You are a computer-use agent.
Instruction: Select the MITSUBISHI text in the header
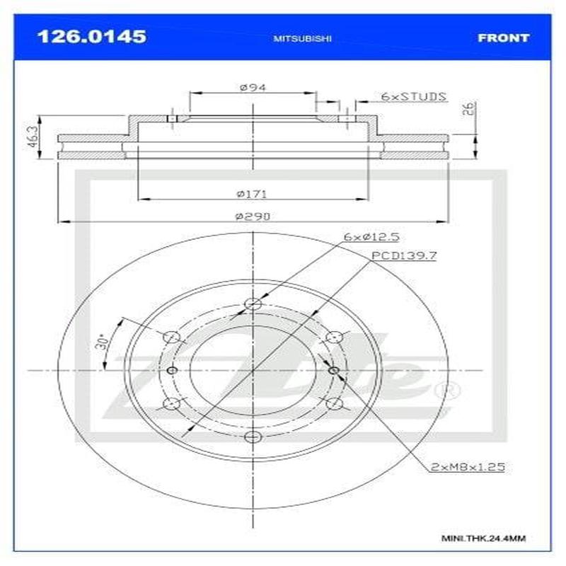click(302, 38)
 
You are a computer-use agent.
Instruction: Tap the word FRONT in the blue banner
click(503, 37)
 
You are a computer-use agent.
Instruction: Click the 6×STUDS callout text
click(413, 96)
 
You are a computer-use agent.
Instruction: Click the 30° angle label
click(103, 343)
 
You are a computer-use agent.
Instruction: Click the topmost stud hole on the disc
click(253, 304)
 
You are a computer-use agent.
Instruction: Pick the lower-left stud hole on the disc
click(171, 403)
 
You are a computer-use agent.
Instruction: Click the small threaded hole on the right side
click(334, 370)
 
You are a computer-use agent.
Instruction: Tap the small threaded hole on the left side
click(171, 370)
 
